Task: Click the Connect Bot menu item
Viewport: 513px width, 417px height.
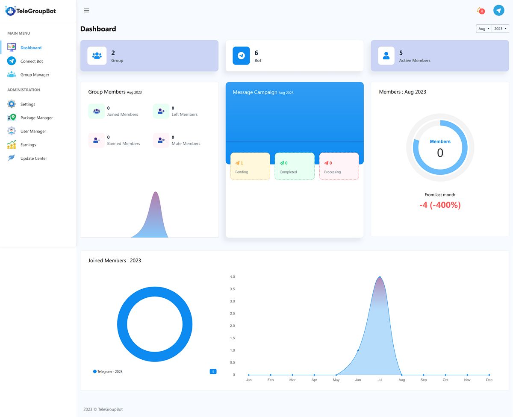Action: [31, 61]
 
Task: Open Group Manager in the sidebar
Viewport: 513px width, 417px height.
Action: [35, 75]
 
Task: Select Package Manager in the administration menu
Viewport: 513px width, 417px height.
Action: [36, 118]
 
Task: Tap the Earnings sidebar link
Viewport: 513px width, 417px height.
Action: [28, 145]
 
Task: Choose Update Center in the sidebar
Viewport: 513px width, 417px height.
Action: [33, 159]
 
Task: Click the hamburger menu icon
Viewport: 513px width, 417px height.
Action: [86, 11]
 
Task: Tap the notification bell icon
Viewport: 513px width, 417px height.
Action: [480, 11]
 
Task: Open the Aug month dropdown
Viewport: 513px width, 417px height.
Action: [484, 29]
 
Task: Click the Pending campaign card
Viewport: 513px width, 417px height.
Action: [250, 166]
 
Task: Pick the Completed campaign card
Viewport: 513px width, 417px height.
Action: [295, 166]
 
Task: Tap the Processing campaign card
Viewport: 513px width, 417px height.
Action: [339, 166]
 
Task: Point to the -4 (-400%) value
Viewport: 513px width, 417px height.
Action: [440, 205]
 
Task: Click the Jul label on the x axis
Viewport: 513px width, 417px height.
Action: [380, 380]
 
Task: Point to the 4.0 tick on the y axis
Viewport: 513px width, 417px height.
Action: [232, 277]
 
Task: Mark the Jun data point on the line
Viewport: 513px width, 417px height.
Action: [358, 350]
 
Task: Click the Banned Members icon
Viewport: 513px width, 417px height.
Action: [97, 140]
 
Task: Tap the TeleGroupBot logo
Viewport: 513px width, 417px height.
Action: [31, 11]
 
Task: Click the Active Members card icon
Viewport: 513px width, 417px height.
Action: [386, 56]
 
